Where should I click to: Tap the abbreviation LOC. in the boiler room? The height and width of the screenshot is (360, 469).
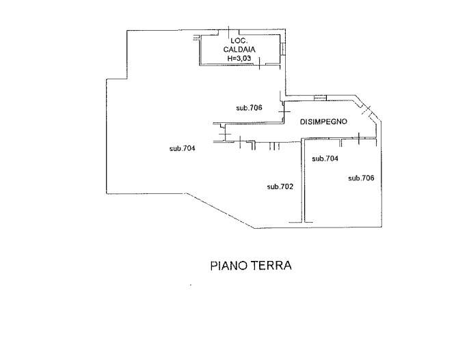tap(239, 41)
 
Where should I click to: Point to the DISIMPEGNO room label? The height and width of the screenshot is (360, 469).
tap(324, 122)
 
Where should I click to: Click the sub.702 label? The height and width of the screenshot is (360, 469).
tap(280, 186)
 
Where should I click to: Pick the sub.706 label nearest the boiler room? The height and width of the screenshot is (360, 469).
tap(250, 108)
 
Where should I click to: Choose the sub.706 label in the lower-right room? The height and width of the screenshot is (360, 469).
tap(362, 178)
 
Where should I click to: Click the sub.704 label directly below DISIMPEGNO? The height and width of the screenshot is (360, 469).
tap(325, 158)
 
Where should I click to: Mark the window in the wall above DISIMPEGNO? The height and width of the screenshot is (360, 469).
tap(320, 97)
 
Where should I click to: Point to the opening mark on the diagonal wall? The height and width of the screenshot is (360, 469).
tap(368, 109)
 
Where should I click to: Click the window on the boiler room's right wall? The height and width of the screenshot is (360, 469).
tap(282, 46)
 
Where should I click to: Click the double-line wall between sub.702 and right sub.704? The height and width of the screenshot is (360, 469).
tap(304, 181)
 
